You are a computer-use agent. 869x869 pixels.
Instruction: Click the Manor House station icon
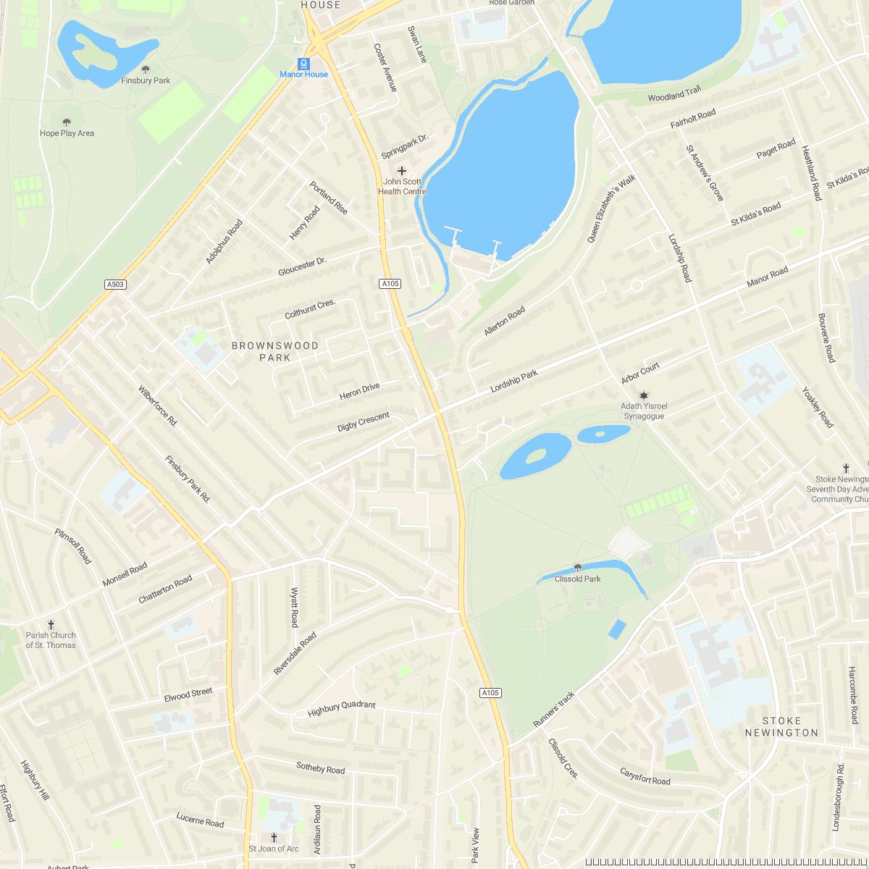pos(304,64)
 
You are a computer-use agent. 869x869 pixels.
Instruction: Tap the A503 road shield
pos(115,285)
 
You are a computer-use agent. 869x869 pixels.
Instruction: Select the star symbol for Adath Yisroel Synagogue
pos(643,395)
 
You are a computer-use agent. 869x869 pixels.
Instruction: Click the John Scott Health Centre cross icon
pos(402,171)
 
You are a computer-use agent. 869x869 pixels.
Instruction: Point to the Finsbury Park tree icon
pos(146,70)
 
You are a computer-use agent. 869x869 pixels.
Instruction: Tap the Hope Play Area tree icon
pos(67,122)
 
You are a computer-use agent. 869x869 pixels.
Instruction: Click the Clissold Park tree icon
pos(577,568)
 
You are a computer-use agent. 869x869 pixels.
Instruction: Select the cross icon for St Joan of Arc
pos(273,837)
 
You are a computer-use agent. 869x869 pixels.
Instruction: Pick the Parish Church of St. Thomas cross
pos(51,624)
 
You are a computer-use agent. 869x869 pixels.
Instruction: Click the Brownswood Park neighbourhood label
pos(275,351)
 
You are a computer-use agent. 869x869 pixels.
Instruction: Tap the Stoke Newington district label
pos(781,726)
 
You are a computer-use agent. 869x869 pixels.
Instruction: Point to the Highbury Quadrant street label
pos(342,708)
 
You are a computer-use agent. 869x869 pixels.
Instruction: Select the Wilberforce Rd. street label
pos(157,406)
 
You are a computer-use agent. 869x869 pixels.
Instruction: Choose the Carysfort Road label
pos(645,776)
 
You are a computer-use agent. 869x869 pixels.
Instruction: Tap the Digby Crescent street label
pos(364,421)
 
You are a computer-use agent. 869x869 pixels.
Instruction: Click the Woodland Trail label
pos(674,95)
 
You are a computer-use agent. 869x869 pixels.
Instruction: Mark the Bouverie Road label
pos(826,338)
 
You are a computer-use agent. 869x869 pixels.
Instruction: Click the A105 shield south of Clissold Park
pos(490,693)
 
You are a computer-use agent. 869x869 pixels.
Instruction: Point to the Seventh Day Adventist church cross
pos(845,469)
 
